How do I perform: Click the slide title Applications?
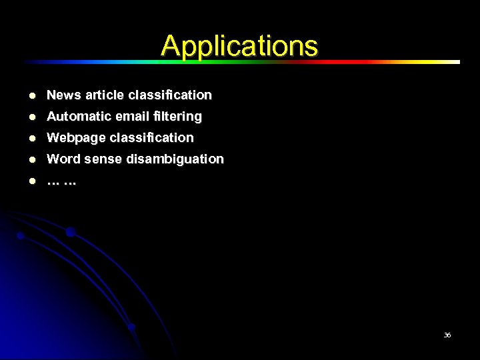(239, 45)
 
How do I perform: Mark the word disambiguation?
(175, 159)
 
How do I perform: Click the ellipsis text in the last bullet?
(61, 181)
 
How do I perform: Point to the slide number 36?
(447, 335)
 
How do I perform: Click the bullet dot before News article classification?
(32, 95)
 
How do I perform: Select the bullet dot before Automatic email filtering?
(32, 117)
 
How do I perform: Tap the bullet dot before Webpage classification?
(32, 138)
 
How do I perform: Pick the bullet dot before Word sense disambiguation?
(32, 159)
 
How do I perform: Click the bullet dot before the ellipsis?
(32, 181)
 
